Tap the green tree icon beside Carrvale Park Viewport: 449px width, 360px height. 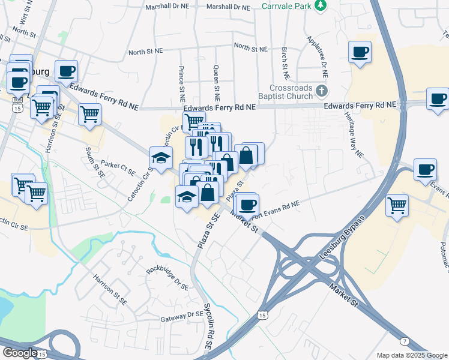(322, 5)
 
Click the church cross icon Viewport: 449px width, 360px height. (322, 92)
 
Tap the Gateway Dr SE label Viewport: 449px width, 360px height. (187, 314)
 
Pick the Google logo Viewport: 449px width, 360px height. (20, 353)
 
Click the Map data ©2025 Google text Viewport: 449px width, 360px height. (411, 355)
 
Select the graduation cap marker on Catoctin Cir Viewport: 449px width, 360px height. (160, 158)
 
